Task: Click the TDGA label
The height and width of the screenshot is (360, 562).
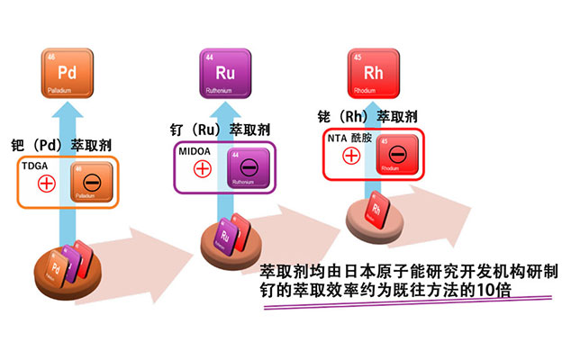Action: (35, 166)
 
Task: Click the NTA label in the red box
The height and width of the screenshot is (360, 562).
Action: (337, 139)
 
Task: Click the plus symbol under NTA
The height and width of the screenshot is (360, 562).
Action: (351, 156)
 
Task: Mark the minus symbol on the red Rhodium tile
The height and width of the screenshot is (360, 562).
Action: (398, 154)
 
